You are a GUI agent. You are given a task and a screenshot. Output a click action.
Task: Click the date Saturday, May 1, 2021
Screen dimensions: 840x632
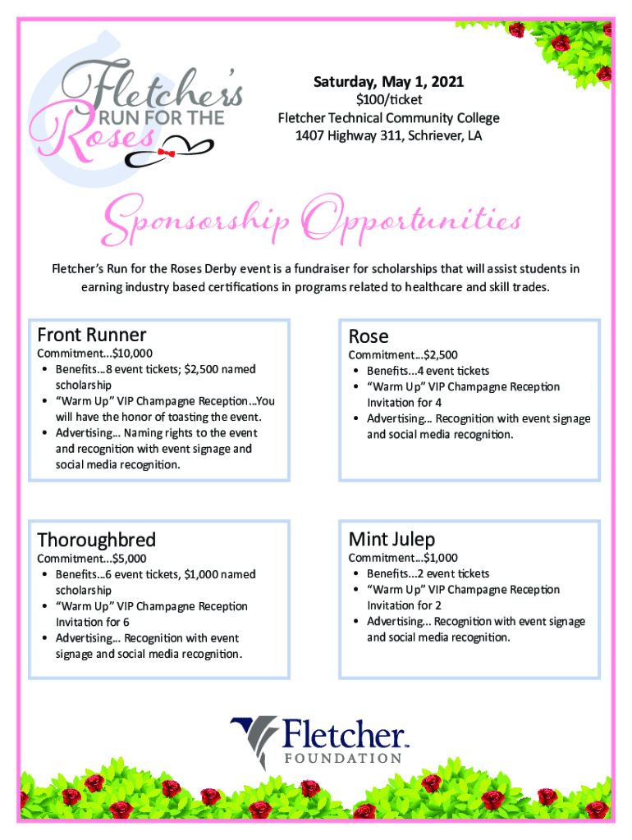(388, 82)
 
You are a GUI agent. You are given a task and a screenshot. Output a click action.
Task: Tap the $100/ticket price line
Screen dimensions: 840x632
(388, 100)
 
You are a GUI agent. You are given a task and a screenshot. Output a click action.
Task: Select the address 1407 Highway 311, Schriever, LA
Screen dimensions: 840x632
(388, 135)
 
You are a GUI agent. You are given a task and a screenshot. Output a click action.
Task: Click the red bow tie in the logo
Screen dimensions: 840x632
(167, 153)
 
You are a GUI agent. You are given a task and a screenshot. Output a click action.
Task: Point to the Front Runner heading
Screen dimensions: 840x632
(92, 335)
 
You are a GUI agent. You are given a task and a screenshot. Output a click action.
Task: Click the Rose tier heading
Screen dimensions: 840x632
(369, 336)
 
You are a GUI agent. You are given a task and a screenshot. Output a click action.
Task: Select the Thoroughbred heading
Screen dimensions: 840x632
(97, 540)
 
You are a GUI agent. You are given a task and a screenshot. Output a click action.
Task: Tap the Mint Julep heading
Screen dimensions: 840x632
(392, 539)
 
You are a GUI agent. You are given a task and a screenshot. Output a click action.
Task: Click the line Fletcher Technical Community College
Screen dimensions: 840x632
(388, 118)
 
